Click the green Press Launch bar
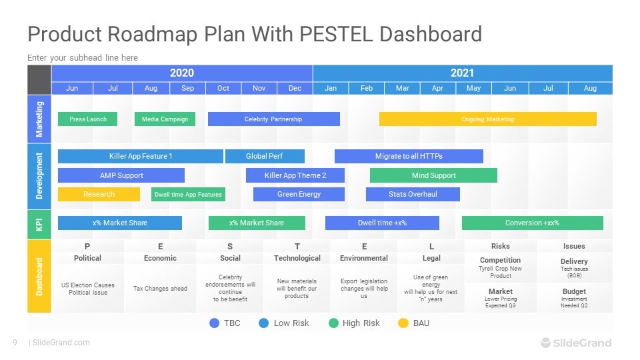coord(87,119)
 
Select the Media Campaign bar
coord(165,119)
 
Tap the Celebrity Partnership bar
coord(273,119)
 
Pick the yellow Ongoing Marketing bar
coord(487,119)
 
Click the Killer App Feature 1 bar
coord(140,157)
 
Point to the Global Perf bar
coord(265,157)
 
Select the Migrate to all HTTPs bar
coord(408,157)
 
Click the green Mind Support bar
coord(433,175)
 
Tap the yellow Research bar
coord(99,194)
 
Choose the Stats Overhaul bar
coord(413,194)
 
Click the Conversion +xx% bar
coord(532,223)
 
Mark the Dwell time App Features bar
coord(188,194)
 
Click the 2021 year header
coord(462,73)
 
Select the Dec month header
coord(295,88)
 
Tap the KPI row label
coord(39,224)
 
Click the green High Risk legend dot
coord(333,323)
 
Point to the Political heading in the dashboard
coord(87,258)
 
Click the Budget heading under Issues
coord(574,291)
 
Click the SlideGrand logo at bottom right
coord(575,343)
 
